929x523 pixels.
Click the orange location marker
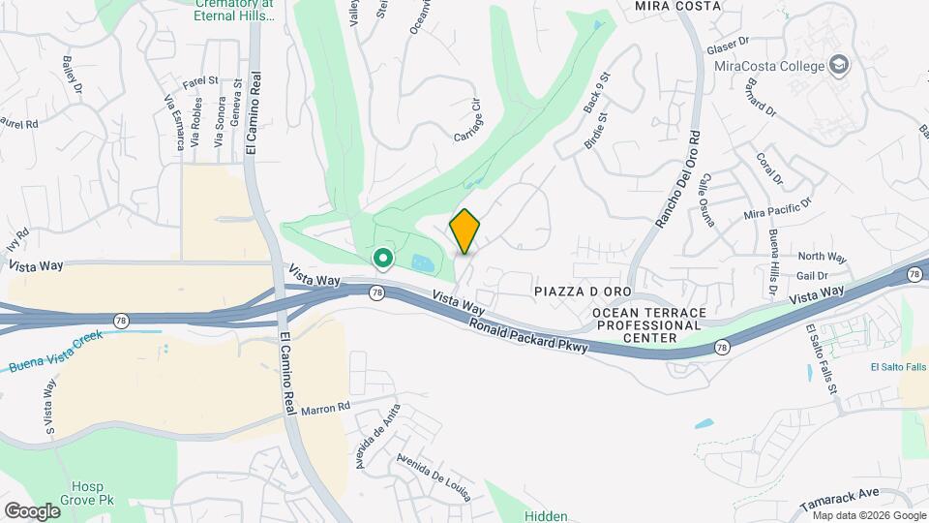(465, 231)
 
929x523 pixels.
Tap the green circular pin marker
(382, 258)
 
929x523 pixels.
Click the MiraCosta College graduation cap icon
(839, 66)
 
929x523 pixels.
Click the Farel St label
(199, 82)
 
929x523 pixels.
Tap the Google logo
(32, 510)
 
